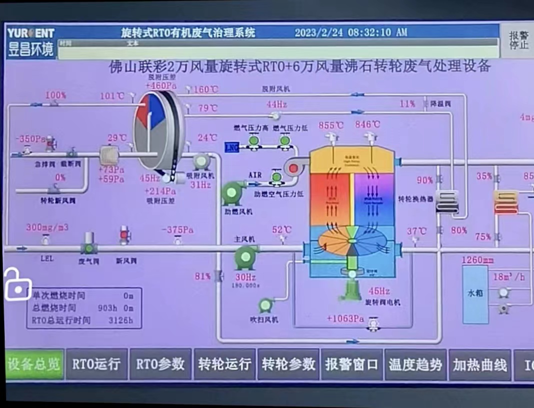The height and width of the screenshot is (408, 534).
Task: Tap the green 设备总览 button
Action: pyautogui.click(x=34, y=364)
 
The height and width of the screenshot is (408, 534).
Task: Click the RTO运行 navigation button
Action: pyautogui.click(x=96, y=364)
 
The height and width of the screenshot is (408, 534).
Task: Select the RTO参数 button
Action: pyautogui.click(x=160, y=364)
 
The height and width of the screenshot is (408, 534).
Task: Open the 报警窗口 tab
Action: pyautogui.click(x=351, y=364)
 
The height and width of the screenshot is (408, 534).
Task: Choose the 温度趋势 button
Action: pyautogui.click(x=415, y=364)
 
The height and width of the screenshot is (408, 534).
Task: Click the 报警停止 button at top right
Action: pyautogui.click(x=518, y=40)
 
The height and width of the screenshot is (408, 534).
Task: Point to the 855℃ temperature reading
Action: pyautogui.click(x=331, y=125)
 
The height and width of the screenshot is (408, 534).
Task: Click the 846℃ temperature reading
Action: pyautogui.click(x=367, y=125)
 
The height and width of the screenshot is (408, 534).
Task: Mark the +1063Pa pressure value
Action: pyautogui.click(x=345, y=319)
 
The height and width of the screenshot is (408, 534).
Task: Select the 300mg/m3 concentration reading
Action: pyautogui.click(x=47, y=228)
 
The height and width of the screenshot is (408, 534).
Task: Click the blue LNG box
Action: pyautogui.click(x=231, y=147)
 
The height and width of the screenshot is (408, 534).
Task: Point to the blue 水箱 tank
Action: pyautogui.click(x=475, y=294)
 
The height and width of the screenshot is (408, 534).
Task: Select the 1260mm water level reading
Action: pyautogui.click(x=477, y=260)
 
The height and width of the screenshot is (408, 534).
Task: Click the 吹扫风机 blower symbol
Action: pyautogui.click(x=265, y=305)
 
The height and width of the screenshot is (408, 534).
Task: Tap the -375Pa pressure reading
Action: pyautogui.click(x=177, y=230)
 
